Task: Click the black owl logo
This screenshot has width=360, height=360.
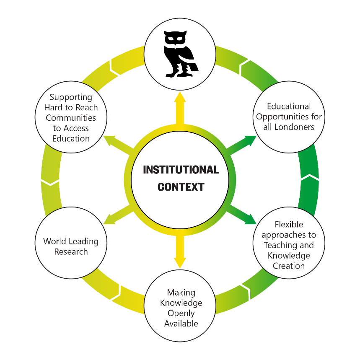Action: click(180, 54)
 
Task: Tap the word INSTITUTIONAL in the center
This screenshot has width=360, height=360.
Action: click(181, 170)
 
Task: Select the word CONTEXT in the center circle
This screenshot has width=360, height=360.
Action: click(181, 187)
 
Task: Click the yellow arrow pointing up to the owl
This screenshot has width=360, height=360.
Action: click(180, 107)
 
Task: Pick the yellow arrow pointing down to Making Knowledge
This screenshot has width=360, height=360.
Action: click(180, 251)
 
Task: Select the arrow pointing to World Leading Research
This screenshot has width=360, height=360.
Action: click(117, 215)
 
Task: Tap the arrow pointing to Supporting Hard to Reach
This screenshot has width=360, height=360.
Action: click(117, 143)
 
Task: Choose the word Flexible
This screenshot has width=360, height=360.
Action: click(289, 225)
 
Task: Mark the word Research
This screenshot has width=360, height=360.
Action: click(71, 252)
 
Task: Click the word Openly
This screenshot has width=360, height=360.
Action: click(181, 313)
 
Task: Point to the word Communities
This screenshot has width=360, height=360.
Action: click(71, 118)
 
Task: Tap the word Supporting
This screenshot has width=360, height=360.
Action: click(71, 97)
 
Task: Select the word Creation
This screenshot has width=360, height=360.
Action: click(289, 266)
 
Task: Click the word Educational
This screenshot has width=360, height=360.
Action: click(289, 106)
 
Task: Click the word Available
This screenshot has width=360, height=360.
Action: click(181, 324)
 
